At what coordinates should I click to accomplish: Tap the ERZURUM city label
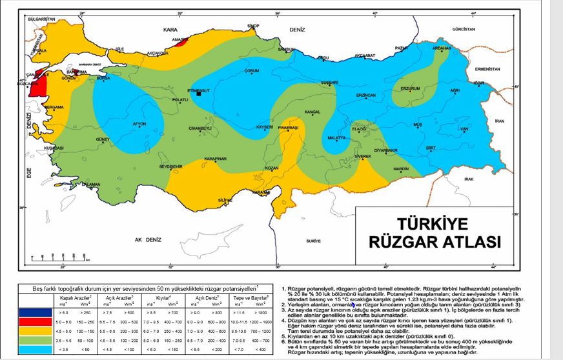pos(411,88)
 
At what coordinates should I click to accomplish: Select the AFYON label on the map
pos(139,123)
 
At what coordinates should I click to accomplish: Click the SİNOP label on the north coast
pos(252,26)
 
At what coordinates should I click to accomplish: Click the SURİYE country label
pos(314,240)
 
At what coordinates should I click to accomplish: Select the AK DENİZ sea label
pos(147,239)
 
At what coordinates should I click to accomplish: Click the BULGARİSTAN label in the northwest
pos(37,20)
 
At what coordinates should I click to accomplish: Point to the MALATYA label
pos(337,139)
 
